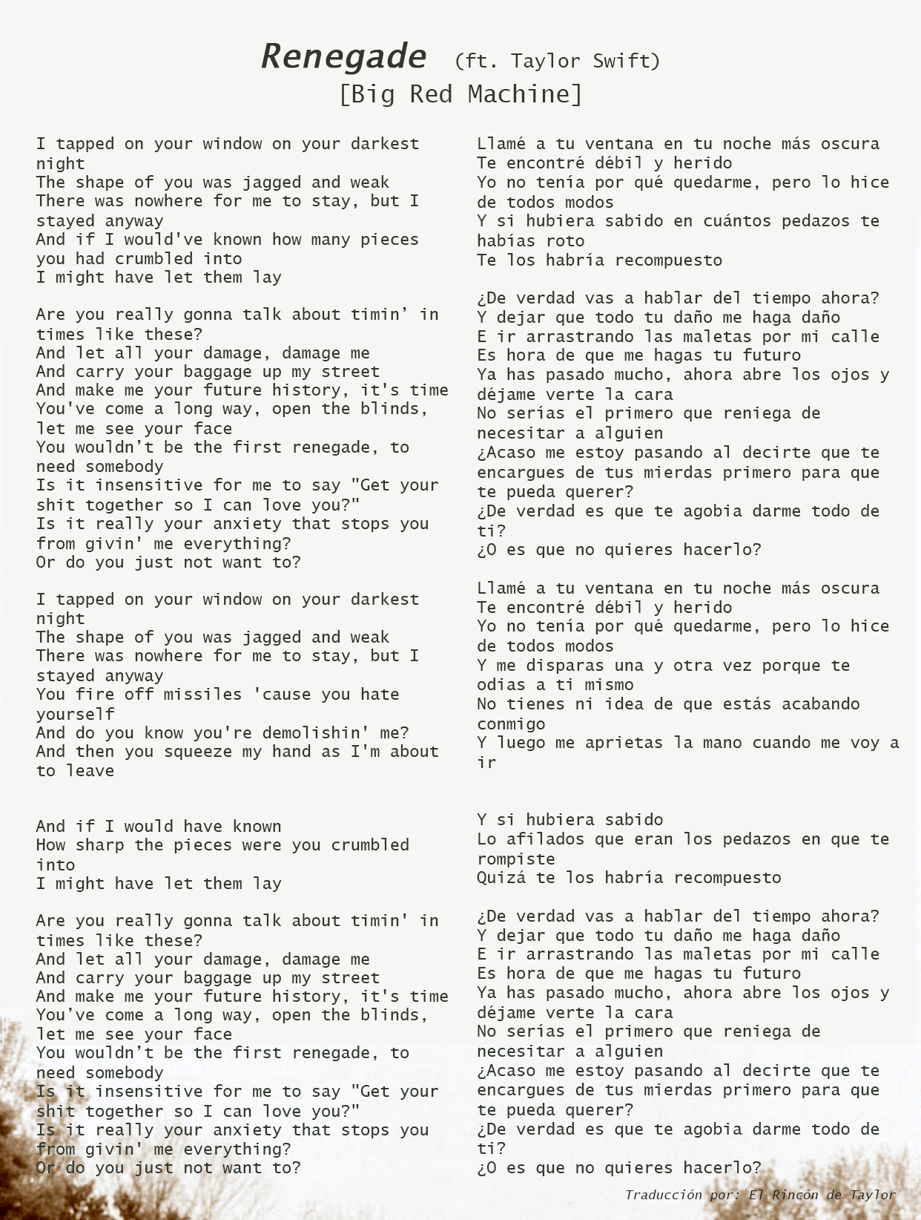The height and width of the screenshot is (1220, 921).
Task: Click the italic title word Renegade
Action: [x=344, y=56]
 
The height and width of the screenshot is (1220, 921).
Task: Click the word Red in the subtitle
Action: [x=431, y=94]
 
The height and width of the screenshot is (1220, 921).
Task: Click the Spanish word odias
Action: [x=501, y=685]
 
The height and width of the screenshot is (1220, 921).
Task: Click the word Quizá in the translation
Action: [x=501, y=878]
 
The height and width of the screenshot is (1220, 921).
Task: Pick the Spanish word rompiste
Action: [x=516, y=859]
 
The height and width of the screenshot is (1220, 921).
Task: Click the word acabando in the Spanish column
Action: [x=821, y=704]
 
